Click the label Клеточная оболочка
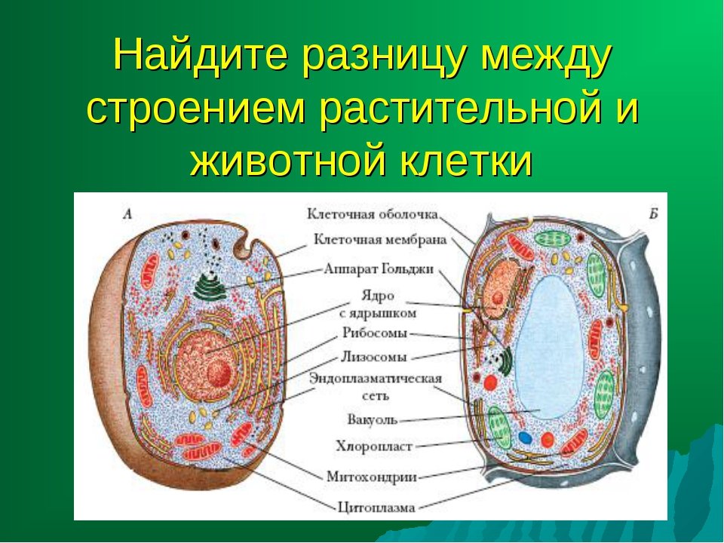[372, 214]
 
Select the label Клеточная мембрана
[380, 240]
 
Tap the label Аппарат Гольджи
[379, 269]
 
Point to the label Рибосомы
[375, 333]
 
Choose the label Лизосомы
[374, 357]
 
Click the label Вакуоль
[372, 420]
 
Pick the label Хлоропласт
[374, 446]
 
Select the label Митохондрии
[372, 477]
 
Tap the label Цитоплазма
[376, 508]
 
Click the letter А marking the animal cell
[128, 213]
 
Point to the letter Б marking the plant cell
[653, 213]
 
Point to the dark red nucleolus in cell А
[219, 373]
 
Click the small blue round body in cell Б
[525, 437]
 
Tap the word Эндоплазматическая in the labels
[376, 379]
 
